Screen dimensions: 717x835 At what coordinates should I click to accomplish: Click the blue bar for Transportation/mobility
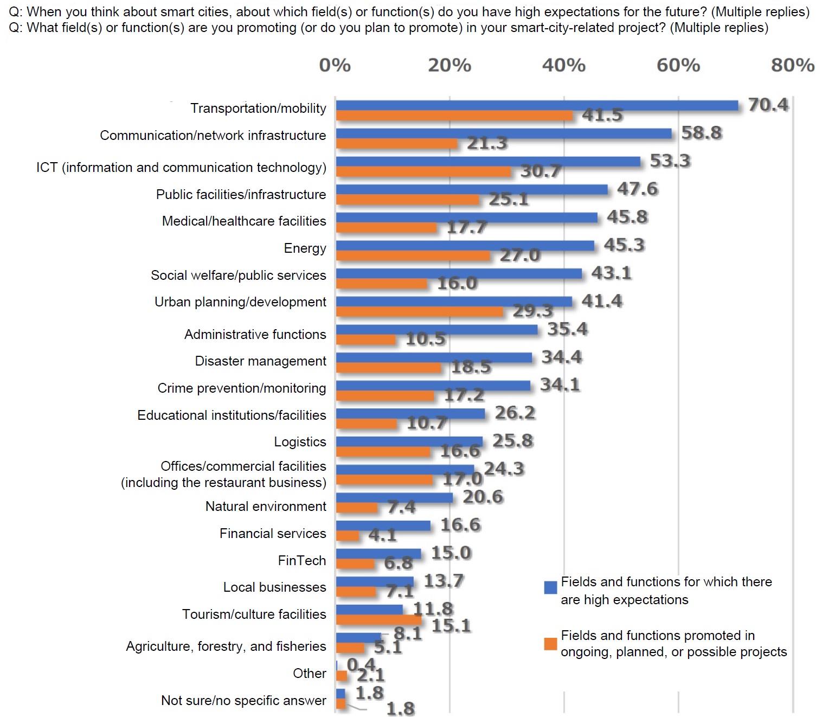pyautogui.click(x=537, y=106)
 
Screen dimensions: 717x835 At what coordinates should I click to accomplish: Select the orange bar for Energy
pyautogui.click(x=413, y=255)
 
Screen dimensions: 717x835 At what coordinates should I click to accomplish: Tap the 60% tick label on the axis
pyautogui.click(x=678, y=66)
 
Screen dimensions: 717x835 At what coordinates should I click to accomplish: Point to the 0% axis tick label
pyautogui.click(x=335, y=66)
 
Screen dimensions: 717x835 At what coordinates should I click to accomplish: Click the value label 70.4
pyautogui.click(x=768, y=105)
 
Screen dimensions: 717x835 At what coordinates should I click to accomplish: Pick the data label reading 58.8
pyautogui.click(x=701, y=133)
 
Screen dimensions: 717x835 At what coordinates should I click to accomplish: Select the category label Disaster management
pyautogui.click(x=260, y=361)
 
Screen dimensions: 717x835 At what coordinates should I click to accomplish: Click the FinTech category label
pyautogui.click(x=301, y=560)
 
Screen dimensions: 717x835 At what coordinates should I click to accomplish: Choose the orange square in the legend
pyautogui.click(x=550, y=644)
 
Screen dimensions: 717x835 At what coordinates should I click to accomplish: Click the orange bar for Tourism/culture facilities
pyautogui.click(x=378, y=619)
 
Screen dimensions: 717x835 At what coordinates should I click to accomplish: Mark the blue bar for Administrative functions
pyautogui.click(x=436, y=330)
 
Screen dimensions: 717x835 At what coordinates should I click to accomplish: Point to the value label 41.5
pyautogui.click(x=602, y=115)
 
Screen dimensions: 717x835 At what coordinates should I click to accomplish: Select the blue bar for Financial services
pyautogui.click(x=383, y=526)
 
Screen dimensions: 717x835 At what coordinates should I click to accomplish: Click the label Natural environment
pyautogui.click(x=266, y=507)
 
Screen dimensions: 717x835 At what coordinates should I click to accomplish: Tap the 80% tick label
pyautogui.click(x=792, y=66)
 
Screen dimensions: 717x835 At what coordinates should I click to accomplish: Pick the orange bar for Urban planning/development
pyautogui.click(x=420, y=312)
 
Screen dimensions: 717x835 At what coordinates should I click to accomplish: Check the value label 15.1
pyautogui.click(x=451, y=626)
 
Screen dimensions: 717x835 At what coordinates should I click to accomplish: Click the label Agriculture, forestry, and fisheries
pyautogui.click(x=226, y=646)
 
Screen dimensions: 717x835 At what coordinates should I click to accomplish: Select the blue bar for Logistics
pyautogui.click(x=409, y=441)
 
